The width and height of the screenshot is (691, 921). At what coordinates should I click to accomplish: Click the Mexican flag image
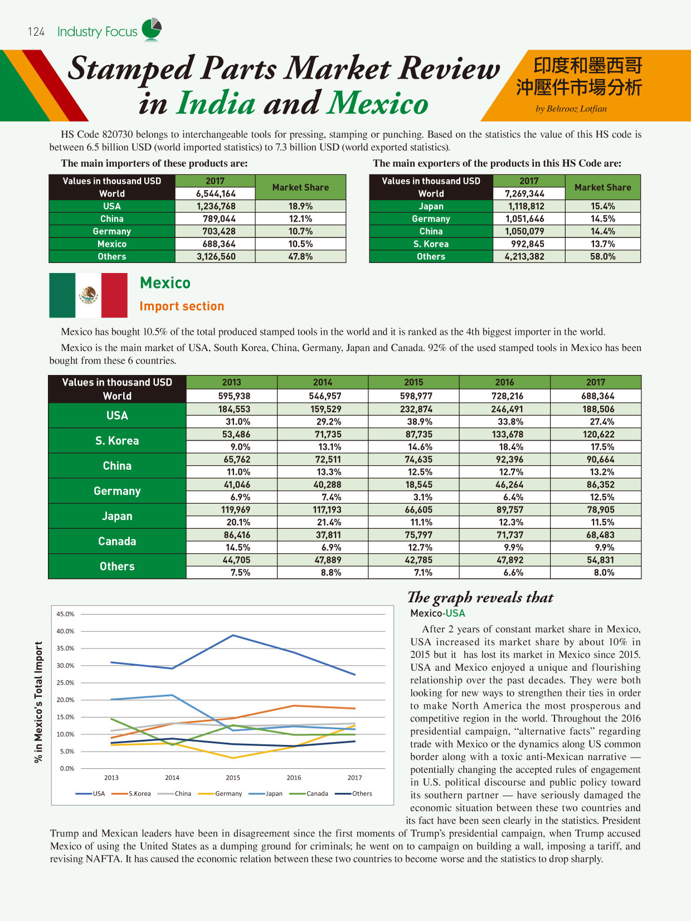pyautogui.click(x=88, y=295)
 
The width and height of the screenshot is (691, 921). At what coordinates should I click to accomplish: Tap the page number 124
pyautogui.click(x=36, y=32)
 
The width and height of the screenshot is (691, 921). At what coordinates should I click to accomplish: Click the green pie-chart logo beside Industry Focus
pyautogui.click(x=152, y=30)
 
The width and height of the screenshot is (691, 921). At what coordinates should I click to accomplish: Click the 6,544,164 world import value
pyautogui.click(x=216, y=194)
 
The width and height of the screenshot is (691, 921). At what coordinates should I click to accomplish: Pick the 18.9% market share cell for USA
pyautogui.click(x=300, y=206)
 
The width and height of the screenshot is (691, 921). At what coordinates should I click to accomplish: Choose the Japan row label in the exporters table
pyautogui.click(x=431, y=206)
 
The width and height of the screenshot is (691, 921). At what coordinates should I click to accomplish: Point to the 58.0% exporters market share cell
pyautogui.click(x=602, y=256)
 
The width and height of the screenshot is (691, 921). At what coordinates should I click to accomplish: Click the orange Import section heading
pyautogui.click(x=182, y=306)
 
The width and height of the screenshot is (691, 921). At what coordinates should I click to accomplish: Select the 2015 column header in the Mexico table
pyautogui.click(x=413, y=382)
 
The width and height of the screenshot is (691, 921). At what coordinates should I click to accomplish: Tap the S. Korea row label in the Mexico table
pyautogui.click(x=117, y=441)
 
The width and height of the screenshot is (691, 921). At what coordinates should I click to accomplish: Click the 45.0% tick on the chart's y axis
pyautogui.click(x=65, y=614)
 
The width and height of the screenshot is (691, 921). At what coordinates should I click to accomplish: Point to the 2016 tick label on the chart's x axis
pyautogui.click(x=294, y=778)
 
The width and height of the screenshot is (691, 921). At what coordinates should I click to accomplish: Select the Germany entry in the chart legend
pyautogui.click(x=228, y=793)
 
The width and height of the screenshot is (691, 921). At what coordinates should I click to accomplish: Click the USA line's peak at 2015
pyautogui.click(x=233, y=635)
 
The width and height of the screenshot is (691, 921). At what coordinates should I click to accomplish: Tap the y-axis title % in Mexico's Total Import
pyautogui.click(x=38, y=702)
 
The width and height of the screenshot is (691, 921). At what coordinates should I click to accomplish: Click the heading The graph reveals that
pyautogui.click(x=480, y=597)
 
